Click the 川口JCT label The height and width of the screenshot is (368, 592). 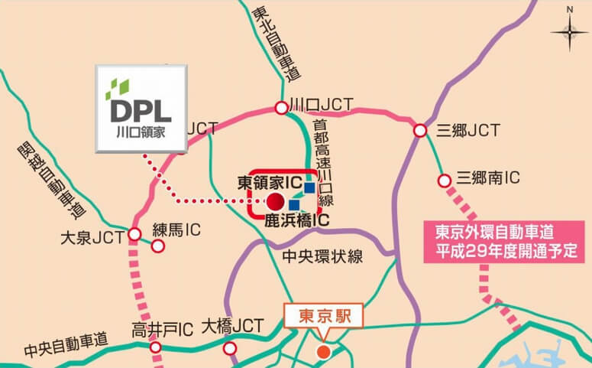pos(320,107)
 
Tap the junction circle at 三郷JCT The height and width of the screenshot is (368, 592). pos(419,132)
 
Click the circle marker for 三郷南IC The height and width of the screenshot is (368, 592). pos(444,181)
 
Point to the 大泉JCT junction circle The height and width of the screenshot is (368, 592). pos(134,234)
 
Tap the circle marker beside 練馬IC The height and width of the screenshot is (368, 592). pos(158,246)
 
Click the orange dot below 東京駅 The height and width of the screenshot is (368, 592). pos(323,352)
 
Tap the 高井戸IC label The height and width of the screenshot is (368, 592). pos(161,330)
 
